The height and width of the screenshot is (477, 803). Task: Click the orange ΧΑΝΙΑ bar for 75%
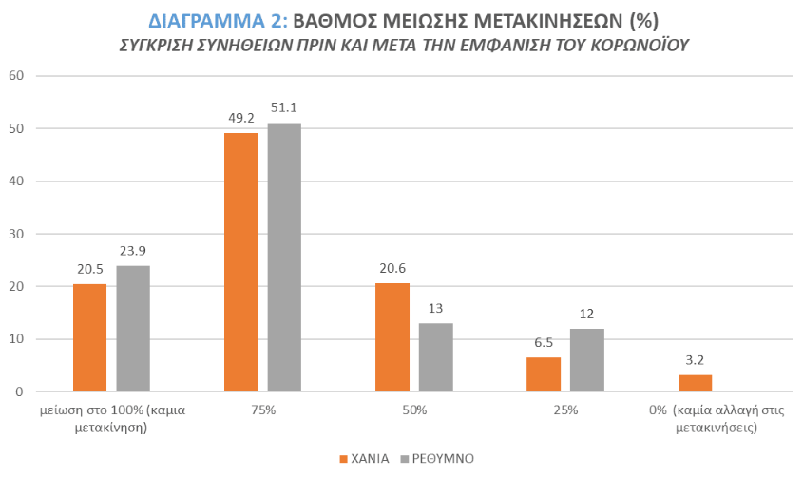[240, 262]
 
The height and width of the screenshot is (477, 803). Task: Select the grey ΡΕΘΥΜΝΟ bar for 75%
[284, 258]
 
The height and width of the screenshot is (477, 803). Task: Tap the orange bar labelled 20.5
[89, 337]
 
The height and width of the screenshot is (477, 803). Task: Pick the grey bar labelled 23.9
[133, 329]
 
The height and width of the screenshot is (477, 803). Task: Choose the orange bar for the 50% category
[392, 337]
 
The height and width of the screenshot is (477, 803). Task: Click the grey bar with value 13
[436, 357]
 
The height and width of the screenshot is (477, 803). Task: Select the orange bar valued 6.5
[544, 374]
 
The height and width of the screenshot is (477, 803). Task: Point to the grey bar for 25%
[587, 360]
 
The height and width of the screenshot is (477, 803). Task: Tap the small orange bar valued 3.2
[695, 383]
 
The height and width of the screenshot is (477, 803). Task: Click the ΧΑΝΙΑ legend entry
[365, 458]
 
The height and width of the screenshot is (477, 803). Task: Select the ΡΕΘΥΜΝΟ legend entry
[440, 458]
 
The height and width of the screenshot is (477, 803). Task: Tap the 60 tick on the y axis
[16, 76]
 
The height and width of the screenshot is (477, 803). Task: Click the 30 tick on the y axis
[16, 234]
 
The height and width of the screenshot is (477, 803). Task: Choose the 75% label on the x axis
[262, 411]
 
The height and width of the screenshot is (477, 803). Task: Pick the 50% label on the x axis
[414, 411]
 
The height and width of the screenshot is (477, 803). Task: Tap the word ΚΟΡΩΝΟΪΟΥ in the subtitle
[633, 45]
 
